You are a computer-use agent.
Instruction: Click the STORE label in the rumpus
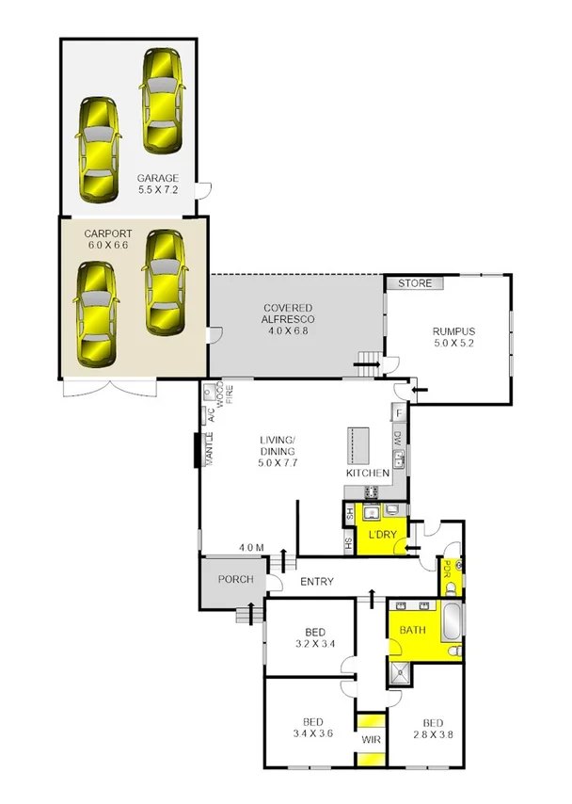pos(413,282)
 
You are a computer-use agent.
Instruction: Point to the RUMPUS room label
pos(453,331)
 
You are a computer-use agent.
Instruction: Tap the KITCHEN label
pos(368,473)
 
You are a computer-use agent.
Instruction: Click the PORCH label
pos(234,579)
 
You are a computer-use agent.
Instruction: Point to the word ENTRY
pos(317,583)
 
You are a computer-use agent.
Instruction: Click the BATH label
pos(412,630)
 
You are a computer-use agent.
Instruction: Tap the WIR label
pos(371,739)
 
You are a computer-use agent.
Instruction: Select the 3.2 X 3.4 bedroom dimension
pos(315,645)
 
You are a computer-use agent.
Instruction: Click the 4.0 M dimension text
pos(251,548)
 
